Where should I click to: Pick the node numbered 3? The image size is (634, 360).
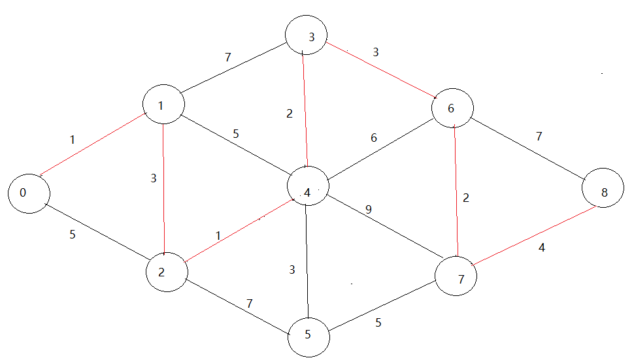click(307, 37)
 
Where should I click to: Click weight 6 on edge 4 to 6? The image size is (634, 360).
click(373, 139)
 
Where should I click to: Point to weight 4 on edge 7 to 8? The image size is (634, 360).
click(541, 248)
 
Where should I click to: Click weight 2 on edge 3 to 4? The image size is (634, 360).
click(289, 113)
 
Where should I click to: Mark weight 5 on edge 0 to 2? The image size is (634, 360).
click(73, 234)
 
